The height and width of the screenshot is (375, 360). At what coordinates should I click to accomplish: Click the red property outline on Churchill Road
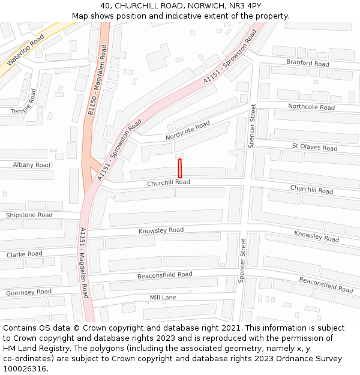click(179, 168)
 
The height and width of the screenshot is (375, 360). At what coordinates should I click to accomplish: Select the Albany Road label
click(32, 164)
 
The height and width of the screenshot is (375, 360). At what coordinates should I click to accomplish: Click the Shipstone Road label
click(29, 215)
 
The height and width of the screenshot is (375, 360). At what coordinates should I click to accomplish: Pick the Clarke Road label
click(25, 254)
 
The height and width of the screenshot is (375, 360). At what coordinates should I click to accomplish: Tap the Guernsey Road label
click(29, 292)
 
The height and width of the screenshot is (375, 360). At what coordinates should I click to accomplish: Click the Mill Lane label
click(163, 298)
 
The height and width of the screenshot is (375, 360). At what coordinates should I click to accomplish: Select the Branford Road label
click(307, 63)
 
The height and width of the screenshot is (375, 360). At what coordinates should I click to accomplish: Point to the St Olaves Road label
click(314, 147)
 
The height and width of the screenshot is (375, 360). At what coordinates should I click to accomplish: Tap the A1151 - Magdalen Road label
click(85, 262)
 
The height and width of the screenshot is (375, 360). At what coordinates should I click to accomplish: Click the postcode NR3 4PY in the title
click(246, 5)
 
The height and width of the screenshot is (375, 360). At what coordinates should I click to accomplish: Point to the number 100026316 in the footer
click(25, 368)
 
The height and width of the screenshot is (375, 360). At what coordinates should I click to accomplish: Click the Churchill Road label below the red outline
click(168, 182)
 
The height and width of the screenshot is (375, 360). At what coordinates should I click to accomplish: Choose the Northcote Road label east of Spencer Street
click(311, 107)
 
